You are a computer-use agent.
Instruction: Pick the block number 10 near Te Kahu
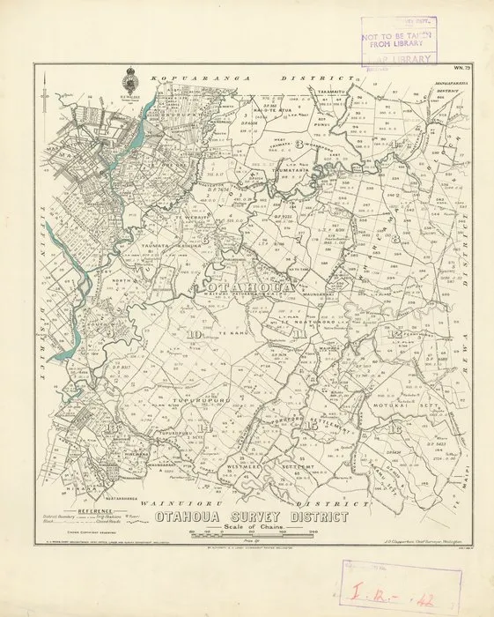[x=194, y=334]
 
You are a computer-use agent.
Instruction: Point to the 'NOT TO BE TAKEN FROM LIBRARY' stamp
[x=399, y=39]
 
